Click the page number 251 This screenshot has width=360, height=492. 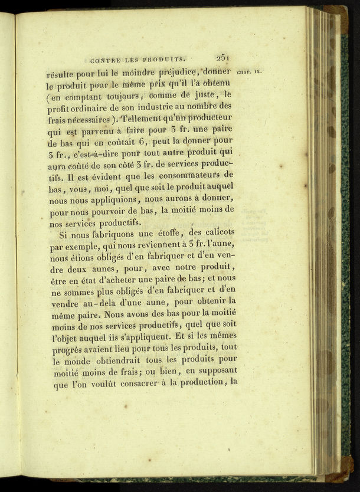223,58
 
